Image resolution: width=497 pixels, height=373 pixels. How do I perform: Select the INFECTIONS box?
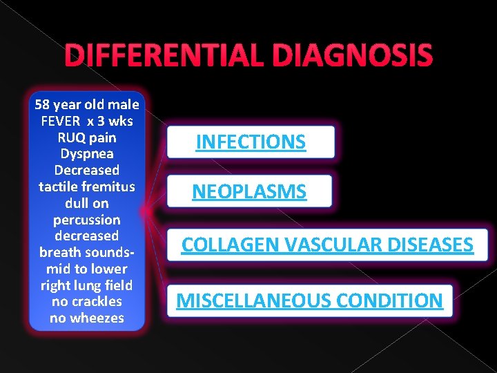(251, 142)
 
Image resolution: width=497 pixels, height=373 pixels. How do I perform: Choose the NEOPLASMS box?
(249, 191)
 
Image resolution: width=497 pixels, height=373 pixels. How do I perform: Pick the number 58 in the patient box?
(42, 105)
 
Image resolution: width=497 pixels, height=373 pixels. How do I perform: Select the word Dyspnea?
(87, 153)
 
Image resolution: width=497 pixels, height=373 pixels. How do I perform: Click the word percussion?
(87, 220)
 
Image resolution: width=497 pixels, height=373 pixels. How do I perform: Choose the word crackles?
(95, 302)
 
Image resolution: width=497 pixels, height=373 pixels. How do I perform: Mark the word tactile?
(58, 186)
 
